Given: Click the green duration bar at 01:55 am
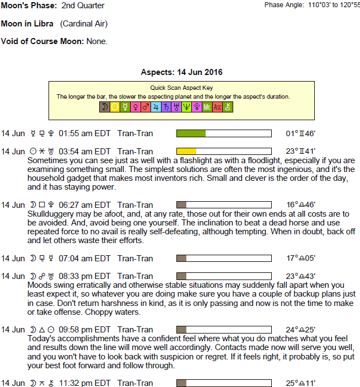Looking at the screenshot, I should [191, 133].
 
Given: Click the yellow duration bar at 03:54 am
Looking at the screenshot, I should [186, 151].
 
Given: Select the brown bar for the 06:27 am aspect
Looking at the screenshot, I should [181, 205].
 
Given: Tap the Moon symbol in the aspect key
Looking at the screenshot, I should [104, 108].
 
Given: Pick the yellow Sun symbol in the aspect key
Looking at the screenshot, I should [115, 108].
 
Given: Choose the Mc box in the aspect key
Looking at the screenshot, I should [207, 108].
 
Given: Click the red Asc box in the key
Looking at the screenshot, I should [218, 108].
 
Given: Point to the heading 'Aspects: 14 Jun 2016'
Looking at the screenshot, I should [181, 72].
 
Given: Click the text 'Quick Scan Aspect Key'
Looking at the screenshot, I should [181, 88].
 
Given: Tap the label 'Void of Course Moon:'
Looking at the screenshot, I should [42, 41].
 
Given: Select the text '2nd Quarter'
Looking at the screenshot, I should [83, 6].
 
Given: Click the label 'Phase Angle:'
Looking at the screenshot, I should [284, 4].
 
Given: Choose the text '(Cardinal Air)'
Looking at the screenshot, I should [84, 24].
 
